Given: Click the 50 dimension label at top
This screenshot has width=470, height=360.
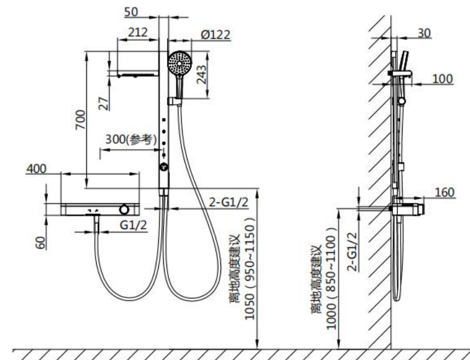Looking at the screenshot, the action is [x=131, y=12].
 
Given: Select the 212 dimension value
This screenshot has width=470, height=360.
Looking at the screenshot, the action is [x=138, y=33].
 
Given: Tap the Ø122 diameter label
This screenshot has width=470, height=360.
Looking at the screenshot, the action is [x=216, y=35].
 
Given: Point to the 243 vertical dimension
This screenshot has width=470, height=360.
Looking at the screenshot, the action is [x=202, y=75].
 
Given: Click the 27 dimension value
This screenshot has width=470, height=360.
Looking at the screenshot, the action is [x=104, y=104].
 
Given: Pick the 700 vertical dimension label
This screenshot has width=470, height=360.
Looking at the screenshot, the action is [x=80, y=120].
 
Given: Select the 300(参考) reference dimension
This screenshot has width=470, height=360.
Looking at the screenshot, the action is [x=131, y=139].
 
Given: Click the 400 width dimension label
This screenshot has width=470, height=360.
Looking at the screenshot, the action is [x=36, y=169].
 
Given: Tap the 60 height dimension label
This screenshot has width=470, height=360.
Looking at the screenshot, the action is [x=40, y=243].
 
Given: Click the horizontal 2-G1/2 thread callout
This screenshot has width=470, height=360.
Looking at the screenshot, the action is [x=228, y=202].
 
